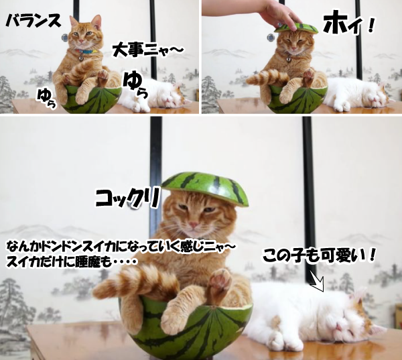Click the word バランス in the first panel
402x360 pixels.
[x=32, y=21]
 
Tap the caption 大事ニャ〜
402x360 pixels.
[x=147, y=49]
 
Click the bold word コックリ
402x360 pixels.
[x=127, y=198]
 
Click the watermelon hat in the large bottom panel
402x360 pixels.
[x=204, y=188]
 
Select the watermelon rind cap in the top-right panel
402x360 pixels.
[x=295, y=27]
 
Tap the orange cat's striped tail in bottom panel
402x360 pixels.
[x=137, y=282]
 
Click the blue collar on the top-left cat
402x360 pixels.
[x=86, y=52]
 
